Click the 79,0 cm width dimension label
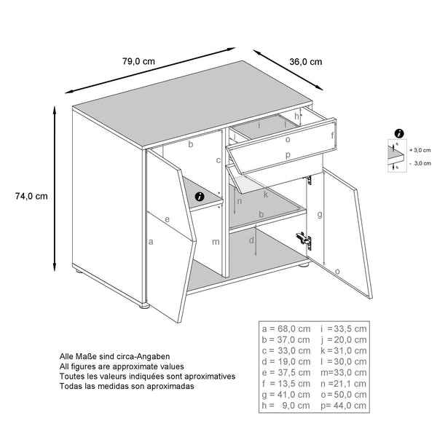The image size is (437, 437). (139, 62)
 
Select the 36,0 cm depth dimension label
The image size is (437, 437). (306, 62)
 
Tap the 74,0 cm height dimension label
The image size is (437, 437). (31, 196)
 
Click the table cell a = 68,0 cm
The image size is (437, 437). (286, 329)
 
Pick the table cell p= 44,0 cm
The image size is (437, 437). (343, 406)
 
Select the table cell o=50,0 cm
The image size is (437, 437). (343, 395)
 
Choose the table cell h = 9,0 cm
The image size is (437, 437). (286, 406)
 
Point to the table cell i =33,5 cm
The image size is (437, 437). (343, 329)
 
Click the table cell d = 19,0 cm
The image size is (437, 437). (286, 362)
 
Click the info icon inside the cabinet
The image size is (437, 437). (200, 195)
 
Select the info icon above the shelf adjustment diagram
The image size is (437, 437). (399, 133)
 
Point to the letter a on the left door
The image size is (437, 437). (151, 240)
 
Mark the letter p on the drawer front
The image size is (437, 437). (288, 155)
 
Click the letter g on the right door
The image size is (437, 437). (319, 215)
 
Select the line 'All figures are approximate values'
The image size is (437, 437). (122, 366)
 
